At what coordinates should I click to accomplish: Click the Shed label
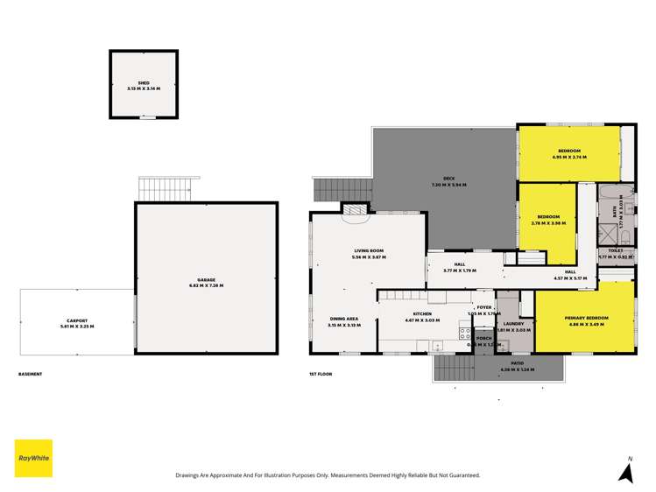point(143,83)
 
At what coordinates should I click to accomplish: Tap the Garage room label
point(207,281)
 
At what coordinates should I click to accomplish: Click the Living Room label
point(368,251)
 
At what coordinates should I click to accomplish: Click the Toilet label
point(615,251)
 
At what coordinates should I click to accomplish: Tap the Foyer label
point(484,308)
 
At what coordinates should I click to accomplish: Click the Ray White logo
point(33,458)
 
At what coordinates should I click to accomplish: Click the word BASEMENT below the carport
point(31,375)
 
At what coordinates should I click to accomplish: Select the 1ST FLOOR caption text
point(319,375)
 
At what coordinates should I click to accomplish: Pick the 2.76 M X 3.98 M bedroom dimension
point(548,223)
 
